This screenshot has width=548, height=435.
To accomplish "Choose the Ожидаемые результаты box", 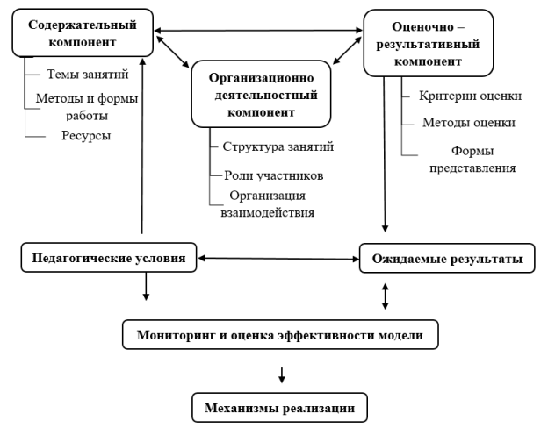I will pos(448,259).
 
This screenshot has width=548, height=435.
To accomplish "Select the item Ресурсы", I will pos(80,137).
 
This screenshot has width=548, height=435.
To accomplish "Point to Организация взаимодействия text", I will pos(263,202).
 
